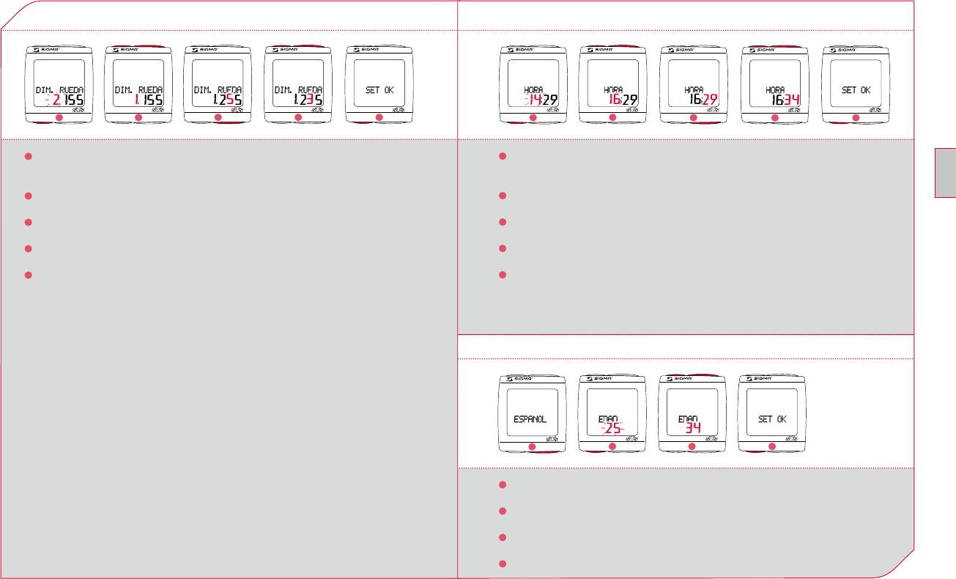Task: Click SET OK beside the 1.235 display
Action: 379,90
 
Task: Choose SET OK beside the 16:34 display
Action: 856,90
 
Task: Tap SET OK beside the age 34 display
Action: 771,419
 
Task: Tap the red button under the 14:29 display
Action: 533,118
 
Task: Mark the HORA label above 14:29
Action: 533,90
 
